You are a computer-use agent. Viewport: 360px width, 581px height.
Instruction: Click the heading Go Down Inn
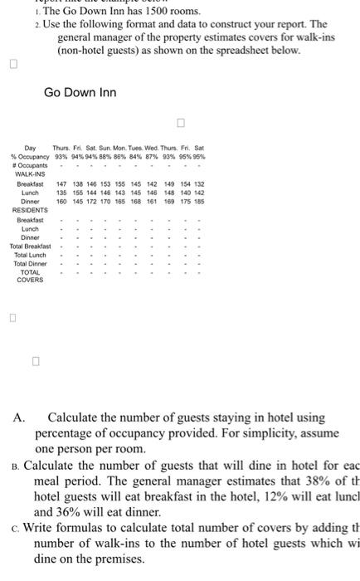point(80,91)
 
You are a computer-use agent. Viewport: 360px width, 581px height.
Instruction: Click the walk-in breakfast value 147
point(61,183)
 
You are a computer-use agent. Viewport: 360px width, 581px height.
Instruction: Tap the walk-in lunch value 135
point(61,192)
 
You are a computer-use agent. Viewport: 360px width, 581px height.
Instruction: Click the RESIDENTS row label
point(30,210)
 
